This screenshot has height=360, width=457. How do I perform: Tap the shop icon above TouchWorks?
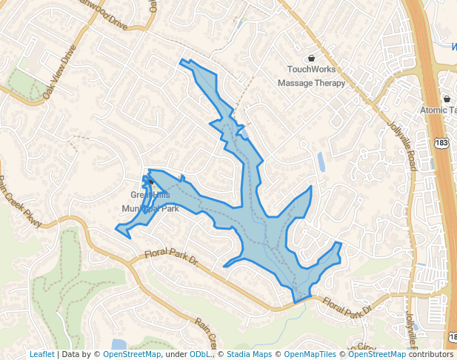point(311,59)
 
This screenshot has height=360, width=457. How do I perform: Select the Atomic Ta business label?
point(438,110)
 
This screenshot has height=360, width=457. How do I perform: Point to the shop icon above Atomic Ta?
point(447,99)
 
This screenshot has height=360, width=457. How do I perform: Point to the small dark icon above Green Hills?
point(150,180)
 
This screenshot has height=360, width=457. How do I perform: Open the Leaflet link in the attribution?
point(41,354)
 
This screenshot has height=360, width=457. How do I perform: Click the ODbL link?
point(199,354)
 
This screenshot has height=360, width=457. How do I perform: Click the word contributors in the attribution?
point(430,354)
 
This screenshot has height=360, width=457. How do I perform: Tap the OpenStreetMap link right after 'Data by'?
point(132,354)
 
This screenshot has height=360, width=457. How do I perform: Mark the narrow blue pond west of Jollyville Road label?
point(320,161)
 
